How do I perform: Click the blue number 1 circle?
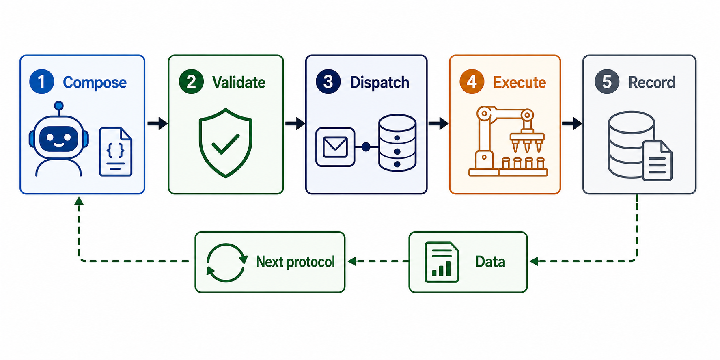tap(42, 82)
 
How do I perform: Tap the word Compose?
tap(95, 82)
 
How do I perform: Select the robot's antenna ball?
tap(59, 106)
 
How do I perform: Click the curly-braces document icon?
tap(116, 152)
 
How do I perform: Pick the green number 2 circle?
tap(191, 82)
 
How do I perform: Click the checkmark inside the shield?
tap(226, 144)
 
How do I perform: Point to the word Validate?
tap(239, 82)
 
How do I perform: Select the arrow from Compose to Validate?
tap(157, 123)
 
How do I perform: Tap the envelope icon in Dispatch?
tap(335, 147)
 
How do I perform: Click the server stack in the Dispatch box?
tap(397, 143)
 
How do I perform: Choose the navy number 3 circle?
tap(328, 82)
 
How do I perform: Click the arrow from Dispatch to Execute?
tap(438, 123)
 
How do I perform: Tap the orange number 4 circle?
tap(472, 82)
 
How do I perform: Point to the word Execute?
tap(520, 82)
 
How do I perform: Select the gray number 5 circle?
tap(607, 82)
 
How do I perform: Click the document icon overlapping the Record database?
tap(657, 161)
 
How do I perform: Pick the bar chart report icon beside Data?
tap(442, 262)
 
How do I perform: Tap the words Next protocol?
tap(295, 262)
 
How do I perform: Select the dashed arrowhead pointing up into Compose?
tap(79, 201)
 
